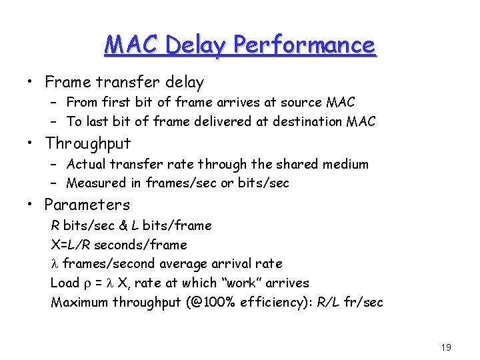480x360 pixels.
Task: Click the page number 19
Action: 446,347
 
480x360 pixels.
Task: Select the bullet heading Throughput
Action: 88,143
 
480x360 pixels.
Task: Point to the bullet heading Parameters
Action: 87,205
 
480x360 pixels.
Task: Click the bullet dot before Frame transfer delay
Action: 31,83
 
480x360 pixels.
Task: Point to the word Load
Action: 65,283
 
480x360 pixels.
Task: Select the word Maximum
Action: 79,302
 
